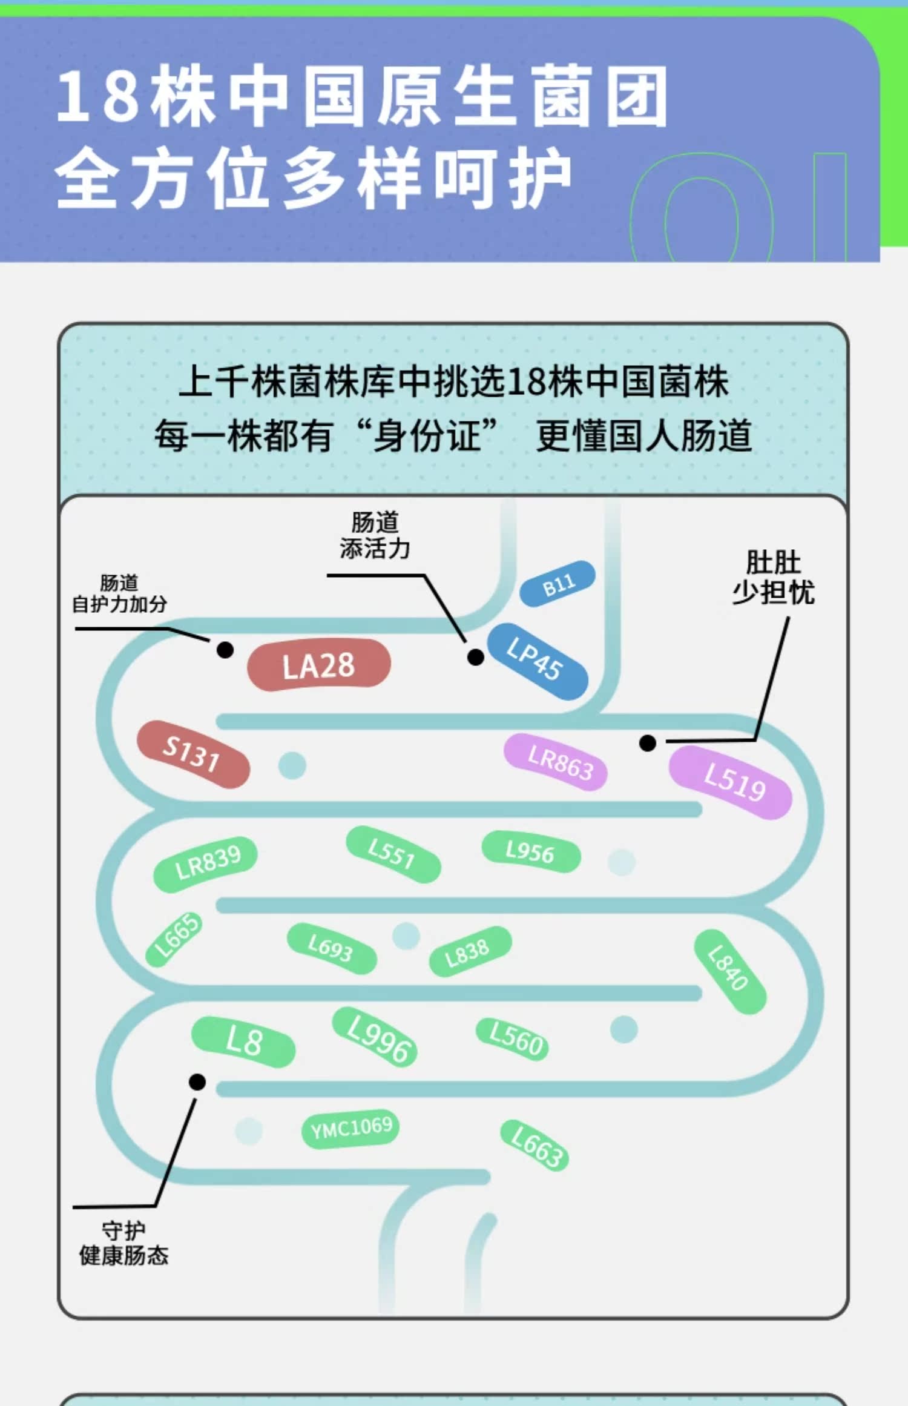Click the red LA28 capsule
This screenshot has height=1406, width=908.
coord(319,665)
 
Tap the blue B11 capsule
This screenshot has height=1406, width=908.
coord(558,584)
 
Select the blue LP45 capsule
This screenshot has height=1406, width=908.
coord(538,661)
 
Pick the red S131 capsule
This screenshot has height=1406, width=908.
coord(193,754)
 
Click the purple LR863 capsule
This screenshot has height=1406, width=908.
coord(556,762)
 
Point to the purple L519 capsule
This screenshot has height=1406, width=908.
coord(731,782)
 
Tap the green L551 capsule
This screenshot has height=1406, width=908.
coord(393,854)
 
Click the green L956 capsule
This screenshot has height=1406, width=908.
coord(531,852)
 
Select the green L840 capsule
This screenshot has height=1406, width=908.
coord(730,971)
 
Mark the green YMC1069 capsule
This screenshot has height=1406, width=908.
coord(350,1129)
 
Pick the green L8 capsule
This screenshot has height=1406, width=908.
coord(243,1041)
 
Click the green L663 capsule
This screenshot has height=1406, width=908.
coord(535,1146)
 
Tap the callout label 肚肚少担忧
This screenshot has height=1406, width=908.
coord(774,577)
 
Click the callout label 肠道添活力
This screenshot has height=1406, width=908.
coord(375,535)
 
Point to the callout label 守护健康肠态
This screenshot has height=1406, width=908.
coord(123,1243)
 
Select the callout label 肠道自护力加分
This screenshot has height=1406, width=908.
coord(119,593)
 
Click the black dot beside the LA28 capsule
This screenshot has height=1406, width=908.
coord(225,650)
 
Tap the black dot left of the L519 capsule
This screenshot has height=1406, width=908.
coord(648,743)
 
